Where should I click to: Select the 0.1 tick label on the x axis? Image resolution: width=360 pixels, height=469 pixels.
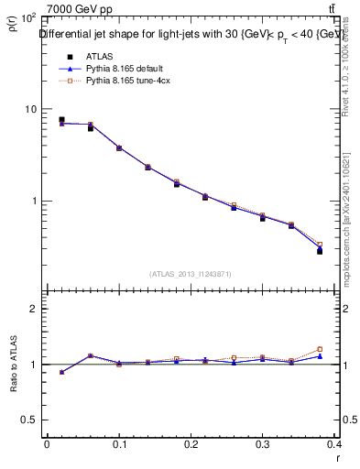(x=119, y=444)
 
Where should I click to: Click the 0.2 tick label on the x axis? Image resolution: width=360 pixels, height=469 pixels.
(x=191, y=444)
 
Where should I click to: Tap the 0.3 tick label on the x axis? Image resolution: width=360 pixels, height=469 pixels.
(x=264, y=444)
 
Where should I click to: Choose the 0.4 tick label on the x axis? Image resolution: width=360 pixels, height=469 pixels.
(x=336, y=444)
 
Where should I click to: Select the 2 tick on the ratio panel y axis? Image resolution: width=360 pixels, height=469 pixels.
(x=37, y=309)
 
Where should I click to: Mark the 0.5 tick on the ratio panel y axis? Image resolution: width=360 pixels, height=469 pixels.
(x=33, y=420)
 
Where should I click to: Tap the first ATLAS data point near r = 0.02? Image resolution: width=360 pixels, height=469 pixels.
(x=61, y=120)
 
